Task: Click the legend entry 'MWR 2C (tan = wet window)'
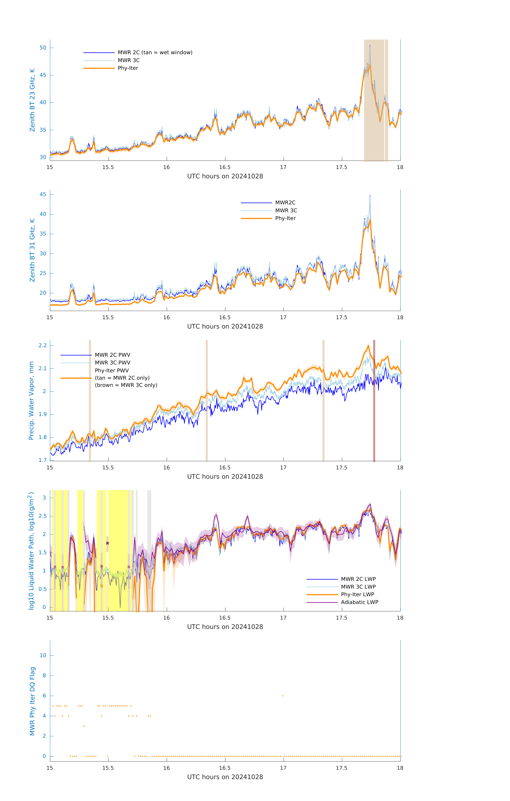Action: point(155,53)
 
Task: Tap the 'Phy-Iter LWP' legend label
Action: point(357,594)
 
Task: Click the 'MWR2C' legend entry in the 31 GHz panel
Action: point(285,203)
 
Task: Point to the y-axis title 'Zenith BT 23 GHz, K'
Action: point(32,100)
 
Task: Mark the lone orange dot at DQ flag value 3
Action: point(84,726)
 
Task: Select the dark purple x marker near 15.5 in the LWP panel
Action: point(107,543)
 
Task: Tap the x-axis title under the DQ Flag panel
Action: point(225,777)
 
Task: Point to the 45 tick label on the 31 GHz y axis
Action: point(43,194)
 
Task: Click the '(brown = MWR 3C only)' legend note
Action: point(126,385)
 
